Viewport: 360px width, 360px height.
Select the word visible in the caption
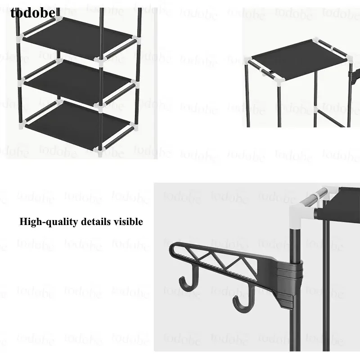tap(128, 221)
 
